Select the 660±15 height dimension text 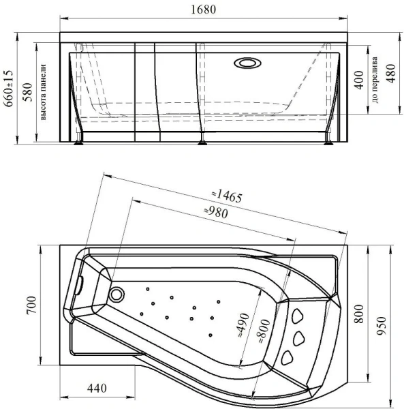click(x=7, y=86)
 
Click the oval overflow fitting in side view click(x=247, y=63)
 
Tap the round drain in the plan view click(x=116, y=295)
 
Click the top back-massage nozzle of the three click(x=298, y=316)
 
